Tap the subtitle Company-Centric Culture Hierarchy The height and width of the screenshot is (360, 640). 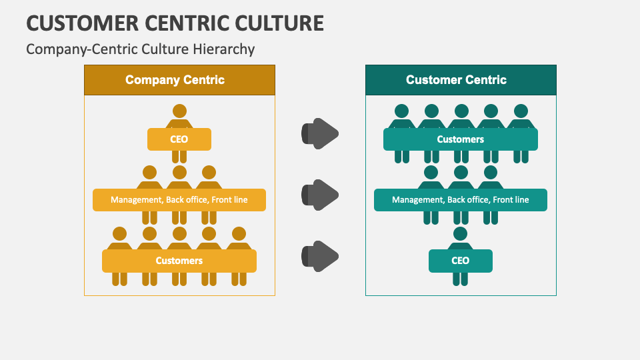point(140,49)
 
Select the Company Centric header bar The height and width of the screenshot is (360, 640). point(179,80)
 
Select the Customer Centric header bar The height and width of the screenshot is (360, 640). point(461,80)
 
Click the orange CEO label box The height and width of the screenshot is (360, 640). point(179,139)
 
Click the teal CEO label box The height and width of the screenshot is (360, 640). point(461,261)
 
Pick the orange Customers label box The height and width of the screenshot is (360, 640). point(179,261)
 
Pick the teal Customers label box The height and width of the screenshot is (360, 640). point(461,139)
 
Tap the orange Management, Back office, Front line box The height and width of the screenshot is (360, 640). point(179,200)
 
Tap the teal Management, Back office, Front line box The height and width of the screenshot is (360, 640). point(461,200)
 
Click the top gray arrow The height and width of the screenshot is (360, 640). point(321,133)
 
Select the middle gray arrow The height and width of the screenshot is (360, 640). point(321,195)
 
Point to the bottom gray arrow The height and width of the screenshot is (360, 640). point(321,256)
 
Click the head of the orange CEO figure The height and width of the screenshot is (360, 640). point(179,111)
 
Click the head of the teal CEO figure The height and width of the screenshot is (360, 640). point(461,233)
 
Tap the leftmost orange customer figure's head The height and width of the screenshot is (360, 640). point(119,233)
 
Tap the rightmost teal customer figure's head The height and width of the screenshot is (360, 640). point(521,111)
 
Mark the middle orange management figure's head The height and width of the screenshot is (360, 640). point(179,173)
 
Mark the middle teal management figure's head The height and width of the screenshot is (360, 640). point(461,173)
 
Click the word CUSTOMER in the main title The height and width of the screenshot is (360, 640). point(83,23)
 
